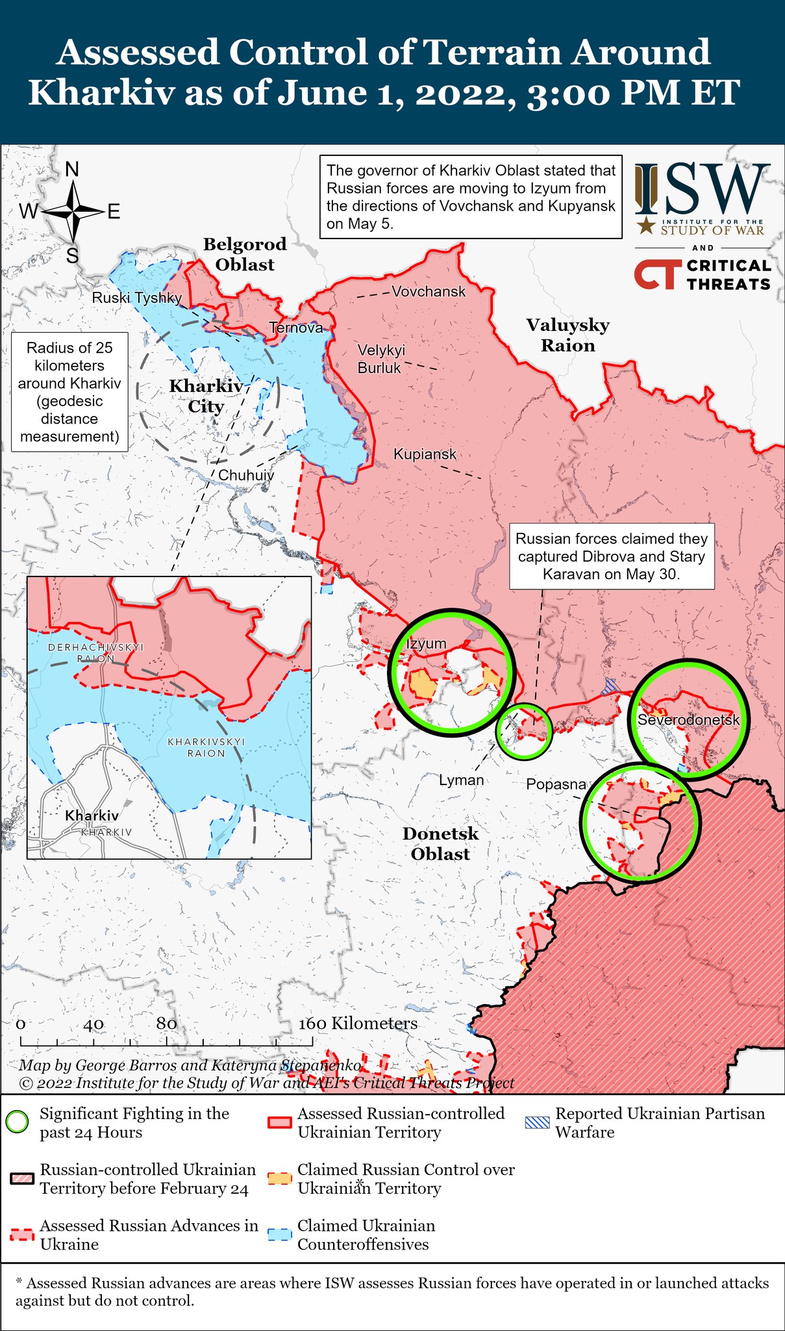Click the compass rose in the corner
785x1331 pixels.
tap(73, 212)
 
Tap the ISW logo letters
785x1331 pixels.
tap(701, 190)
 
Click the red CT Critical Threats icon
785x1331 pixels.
tap(657, 275)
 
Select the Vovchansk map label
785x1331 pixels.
tap(429, 292)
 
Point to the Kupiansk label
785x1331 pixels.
tap(425, 454)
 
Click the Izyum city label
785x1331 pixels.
tap(427, 643)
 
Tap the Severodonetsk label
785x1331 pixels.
tap(688, 720)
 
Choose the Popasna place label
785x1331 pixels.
tap(556, 784)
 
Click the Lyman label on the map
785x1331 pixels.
tap(461, 780)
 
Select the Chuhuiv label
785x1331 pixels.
tap(245, 475)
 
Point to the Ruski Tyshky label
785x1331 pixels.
tap(136, 298)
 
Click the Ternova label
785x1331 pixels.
tap(296, 328)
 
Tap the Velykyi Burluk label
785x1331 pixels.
tap(381, 359)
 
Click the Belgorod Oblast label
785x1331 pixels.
tap(245, 254)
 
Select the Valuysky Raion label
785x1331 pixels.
tap(568, 335)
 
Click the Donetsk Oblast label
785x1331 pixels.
tap(440, 844)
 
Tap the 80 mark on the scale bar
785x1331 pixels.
tap(166, 1024)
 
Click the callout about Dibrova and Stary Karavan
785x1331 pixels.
tap(611, 556)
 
